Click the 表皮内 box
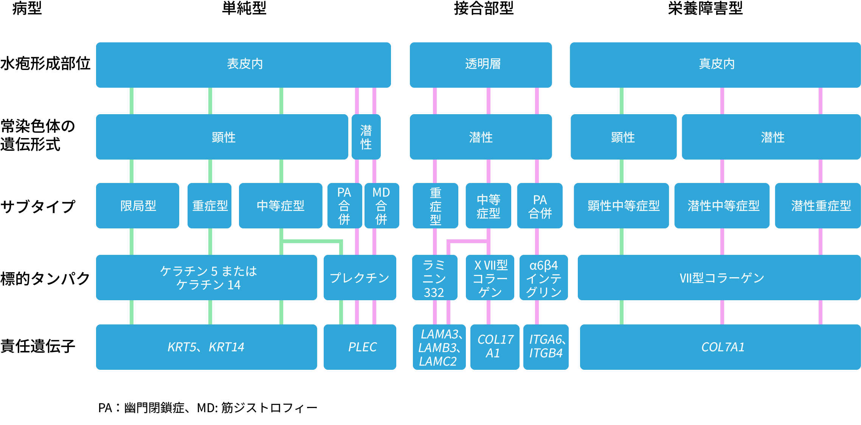tap(243, 65)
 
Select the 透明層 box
tap(481, 65)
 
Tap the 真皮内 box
tap(715, 65)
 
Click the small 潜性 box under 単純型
tap(366, 137)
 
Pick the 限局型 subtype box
tap(138, 206)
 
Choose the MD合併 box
tap(381, 206)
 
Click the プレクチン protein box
tap(360, 278)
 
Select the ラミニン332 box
tap(434, 278)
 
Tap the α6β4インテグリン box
tap(543, 278)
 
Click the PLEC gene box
tap(360, 347)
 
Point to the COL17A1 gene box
tap(495, 347)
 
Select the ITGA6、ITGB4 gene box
tap(546, 347)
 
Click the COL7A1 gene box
tap(720, 347)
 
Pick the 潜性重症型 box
tap(818, 206)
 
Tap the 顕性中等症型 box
tap(621, 206)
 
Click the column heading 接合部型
tap(484, 8)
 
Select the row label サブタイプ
tap(38, 206)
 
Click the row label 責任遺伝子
tap(38, 346)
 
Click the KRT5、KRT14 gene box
tap(206, 347)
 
